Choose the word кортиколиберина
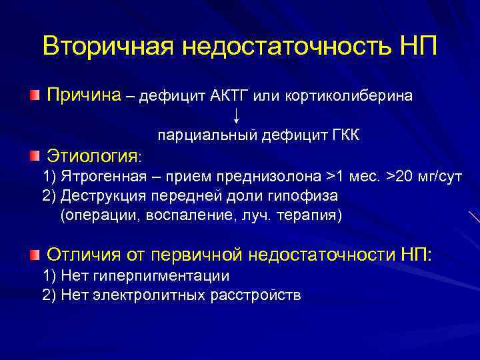(x=349, y=97)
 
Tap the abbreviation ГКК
(x=346, y=136)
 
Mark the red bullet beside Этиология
(x=35, y=156)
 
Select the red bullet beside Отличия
(x=35, y=254)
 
